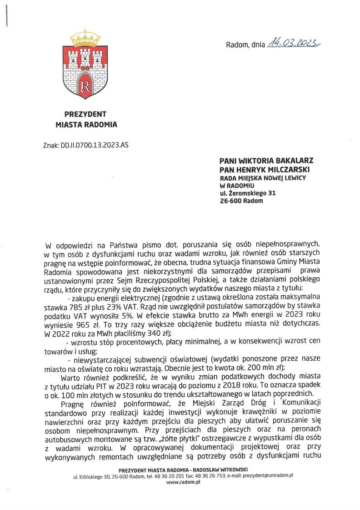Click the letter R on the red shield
84,86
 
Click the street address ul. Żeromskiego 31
248,193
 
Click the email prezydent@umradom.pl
270,475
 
